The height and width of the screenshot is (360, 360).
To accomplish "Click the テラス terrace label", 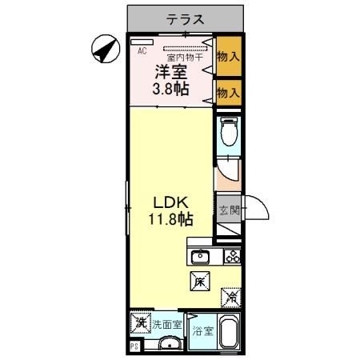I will click(186, 18).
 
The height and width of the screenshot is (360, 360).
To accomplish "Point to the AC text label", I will click(142, 50).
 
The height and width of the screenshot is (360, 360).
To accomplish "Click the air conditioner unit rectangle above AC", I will click(142, 41).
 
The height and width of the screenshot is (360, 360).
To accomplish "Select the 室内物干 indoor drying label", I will click(183, 57).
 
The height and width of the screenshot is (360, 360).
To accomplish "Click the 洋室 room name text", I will click(171, 71).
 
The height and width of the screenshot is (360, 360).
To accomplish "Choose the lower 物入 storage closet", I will click(230, 93).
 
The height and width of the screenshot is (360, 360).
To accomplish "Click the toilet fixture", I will click(230, 131).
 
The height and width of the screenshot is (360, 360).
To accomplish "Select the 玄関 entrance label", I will click(229, 211).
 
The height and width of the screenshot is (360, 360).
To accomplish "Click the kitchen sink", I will click(200, 257).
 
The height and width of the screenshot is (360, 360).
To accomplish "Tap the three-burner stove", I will click(231, 257).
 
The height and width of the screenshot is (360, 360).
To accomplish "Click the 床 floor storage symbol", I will click(200, 281).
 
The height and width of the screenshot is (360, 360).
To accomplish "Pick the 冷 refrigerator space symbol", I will click(230, 298).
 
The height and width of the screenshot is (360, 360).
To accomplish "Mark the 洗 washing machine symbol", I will click(140, 324).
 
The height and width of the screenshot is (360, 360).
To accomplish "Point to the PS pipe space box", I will click(134, 346).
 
